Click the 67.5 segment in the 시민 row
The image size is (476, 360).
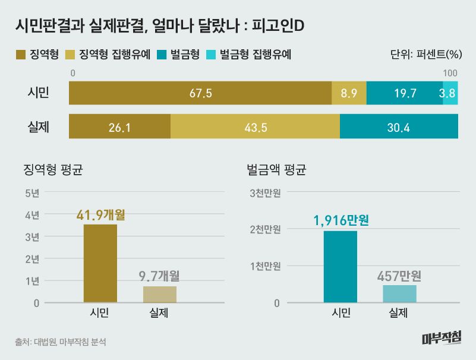click(x=200, y=93)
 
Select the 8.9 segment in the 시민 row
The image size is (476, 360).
click(x=349, y=93)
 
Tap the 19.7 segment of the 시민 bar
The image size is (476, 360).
click(x=405, y=93)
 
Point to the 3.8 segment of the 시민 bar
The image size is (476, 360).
click(x=450, y=93)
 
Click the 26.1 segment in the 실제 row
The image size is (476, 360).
click(x=119, y=127)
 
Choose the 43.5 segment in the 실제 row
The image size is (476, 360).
click(x=255, y=127)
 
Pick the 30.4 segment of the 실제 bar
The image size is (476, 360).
click(x=399, y=127)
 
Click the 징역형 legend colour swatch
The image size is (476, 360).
click(x=20, y=55)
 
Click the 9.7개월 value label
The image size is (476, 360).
click(x=159, y=276)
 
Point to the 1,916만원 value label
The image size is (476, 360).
click(x=341, y=220)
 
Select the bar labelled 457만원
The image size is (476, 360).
click(x=399, y=293)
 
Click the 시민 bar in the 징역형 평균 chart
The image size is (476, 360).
click(x=100, y=263)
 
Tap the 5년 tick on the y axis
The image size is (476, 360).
click(x=32, y=192)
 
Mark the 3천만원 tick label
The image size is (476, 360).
click(x=264, y=192)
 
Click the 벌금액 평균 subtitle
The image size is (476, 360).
click(x=276, y=170)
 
